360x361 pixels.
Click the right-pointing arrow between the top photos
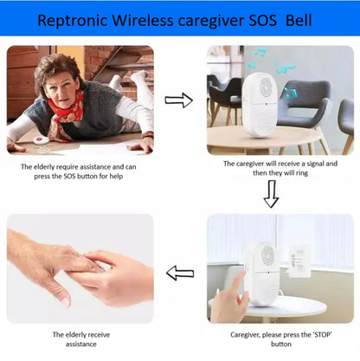(x=178, y=100)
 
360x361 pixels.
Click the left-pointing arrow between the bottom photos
(x=179, y=274)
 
